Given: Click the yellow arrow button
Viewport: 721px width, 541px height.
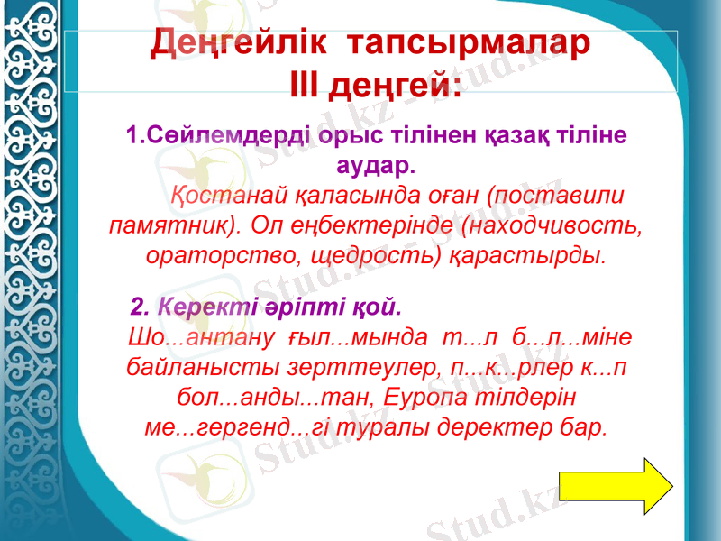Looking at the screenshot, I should click(x=616, y=486).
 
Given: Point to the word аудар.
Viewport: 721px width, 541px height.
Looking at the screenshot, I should click(x=375, y=166).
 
